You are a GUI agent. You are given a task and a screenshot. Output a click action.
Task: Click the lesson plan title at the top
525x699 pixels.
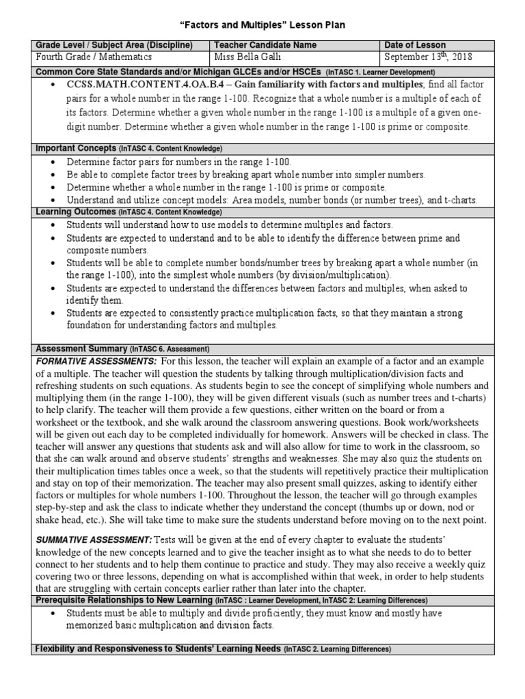[x=262, y=25]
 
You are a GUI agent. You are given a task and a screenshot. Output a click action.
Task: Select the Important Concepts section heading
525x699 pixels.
[x=75, y=148]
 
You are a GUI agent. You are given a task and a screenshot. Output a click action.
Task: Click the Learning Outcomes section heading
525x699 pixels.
[x=76, y=212]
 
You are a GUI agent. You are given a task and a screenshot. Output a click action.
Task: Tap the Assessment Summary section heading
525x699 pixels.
[x=81, y=348]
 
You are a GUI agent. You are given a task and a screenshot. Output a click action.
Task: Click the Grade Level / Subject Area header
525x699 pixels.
[x=113, y=44]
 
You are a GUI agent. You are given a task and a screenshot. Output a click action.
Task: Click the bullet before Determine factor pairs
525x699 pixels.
[x=53, y=162]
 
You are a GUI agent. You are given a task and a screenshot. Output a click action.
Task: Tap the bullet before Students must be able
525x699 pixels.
[x=53, y=614]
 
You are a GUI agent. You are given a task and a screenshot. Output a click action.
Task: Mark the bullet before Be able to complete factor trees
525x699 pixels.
[x=53, y=175]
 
